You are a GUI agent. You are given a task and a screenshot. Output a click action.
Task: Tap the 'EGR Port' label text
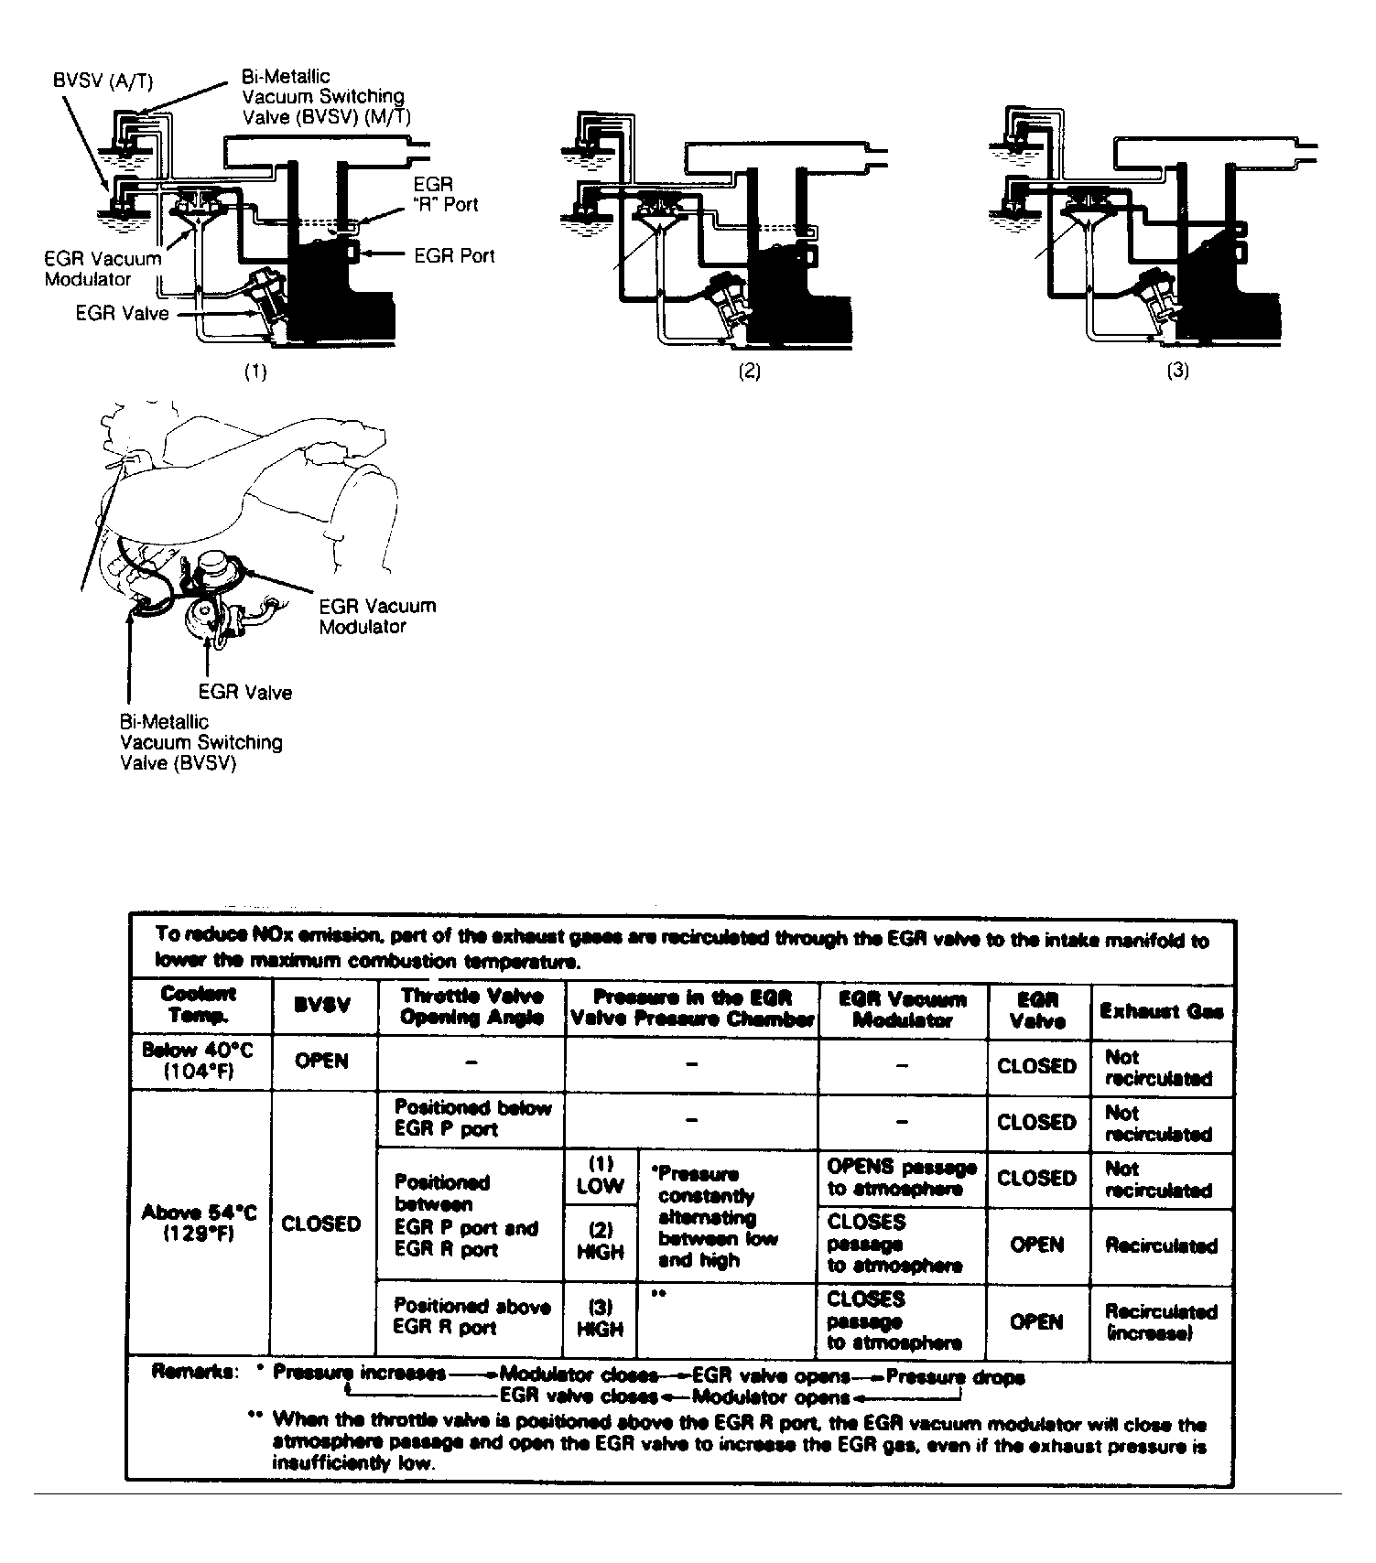tap(454, 255)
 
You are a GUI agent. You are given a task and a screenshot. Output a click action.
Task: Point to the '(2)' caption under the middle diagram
tap(749, 371)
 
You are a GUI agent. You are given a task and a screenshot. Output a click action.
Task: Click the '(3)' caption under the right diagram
tap(1177, 371)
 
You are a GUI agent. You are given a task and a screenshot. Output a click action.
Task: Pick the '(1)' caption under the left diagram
tap(255, 372)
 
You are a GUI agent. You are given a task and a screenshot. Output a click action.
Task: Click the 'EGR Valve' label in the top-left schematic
tap(122, 314)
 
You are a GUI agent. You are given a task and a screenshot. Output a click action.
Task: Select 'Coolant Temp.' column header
tap(199, 1005)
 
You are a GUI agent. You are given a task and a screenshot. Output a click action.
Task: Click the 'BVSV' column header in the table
tap(322, 1005)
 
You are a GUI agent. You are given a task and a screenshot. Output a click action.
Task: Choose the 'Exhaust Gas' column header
tap(1161, 1011)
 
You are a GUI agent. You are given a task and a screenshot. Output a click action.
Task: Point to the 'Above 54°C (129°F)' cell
tap(199, 1223)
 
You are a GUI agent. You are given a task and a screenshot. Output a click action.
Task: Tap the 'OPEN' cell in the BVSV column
tap(321, 1062)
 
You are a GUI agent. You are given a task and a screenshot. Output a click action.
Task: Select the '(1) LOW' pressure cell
tap(600, 1175)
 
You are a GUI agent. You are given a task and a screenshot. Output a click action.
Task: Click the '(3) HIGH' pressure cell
tap(600, 1318)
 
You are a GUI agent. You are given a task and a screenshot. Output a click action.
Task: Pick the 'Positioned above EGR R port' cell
tap(471, 1317)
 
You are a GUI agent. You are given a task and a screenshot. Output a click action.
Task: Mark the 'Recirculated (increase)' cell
tap(1161, 1322)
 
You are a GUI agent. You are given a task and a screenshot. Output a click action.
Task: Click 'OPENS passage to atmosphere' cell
tap(901, 1178)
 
